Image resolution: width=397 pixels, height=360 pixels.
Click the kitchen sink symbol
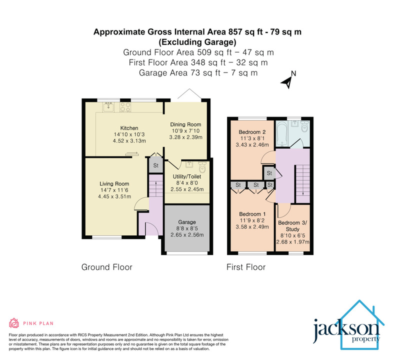(108, 106)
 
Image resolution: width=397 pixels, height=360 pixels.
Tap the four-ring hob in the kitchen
(124, 106)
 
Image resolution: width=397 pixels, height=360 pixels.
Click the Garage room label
(187, 222)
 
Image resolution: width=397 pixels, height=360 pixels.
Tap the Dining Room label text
(185, 124)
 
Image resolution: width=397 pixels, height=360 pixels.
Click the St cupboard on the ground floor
(155, 166)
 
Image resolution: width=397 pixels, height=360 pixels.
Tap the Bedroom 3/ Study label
(293, 226)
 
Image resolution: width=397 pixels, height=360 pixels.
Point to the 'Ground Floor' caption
(106, 267)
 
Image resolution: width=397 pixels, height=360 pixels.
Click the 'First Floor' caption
(246, 267)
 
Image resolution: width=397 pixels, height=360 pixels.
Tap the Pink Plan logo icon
(14, 322)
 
